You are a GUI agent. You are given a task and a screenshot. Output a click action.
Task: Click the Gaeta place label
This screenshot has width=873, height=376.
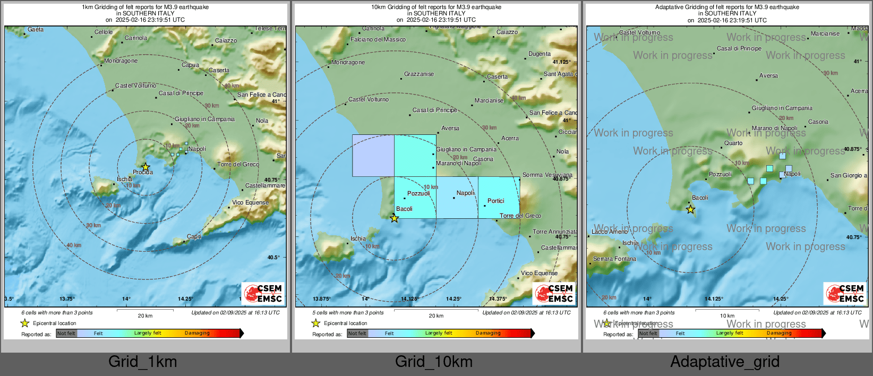pyautogui.click(x=36, y=29)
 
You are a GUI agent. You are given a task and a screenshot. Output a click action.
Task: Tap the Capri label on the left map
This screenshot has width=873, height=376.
pyautogui.click(x=194, y=236)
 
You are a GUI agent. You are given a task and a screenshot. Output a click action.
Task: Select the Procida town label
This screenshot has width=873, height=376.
pyautogui.click(x=143, y=172)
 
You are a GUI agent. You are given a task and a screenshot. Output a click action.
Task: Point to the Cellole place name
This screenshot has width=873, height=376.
pyautogui.click(x=104, y=32)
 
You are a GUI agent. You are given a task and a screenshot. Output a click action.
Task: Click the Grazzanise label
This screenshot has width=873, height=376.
pyautogui.click(x=419, y=74)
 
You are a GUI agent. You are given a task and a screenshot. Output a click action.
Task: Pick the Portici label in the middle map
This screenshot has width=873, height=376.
pyautogui.click(x=496, y=201)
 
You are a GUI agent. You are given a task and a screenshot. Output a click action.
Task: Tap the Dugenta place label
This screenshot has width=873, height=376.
pyautogui.click(x=540, y=54)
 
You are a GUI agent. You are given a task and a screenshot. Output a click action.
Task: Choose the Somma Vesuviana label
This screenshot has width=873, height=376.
pyautogui.click(x=547, y=175)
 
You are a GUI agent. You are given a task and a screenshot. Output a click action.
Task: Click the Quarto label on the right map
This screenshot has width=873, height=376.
pyautogui.click(x=733, y=143)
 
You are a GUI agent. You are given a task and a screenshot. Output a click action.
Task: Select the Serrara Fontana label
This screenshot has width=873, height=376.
pyautogui.click(x=614, y=259)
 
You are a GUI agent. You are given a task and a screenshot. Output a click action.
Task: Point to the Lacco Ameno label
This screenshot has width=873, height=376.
pyautogui.click(x=610, y=232)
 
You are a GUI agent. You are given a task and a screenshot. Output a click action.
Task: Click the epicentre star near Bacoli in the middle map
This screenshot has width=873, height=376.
pyautogui.click(x=394, y=218)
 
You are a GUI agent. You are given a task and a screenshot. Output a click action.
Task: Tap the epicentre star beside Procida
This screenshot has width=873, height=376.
pyautogui.click(x=145, y=167)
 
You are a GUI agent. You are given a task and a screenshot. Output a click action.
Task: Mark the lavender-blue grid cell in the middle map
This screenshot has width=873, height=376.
pyautogui.click(x=373, y=156)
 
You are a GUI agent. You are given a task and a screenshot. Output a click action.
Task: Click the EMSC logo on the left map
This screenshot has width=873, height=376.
pyautogui.click(x=263, y=293)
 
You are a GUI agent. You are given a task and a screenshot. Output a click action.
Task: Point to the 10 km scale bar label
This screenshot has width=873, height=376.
pyautogui.click(x=727, y=315)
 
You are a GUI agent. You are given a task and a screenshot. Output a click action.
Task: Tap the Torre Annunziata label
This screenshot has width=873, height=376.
pyautogui.click(x=555, y=232)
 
